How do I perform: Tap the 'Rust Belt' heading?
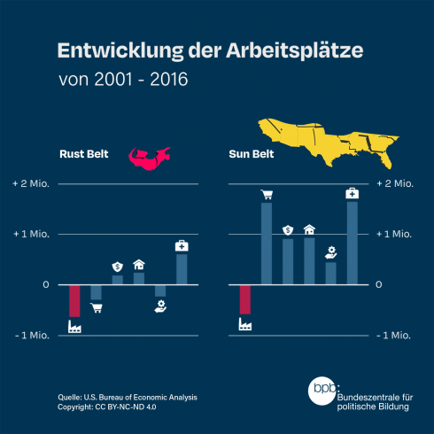[86, 151]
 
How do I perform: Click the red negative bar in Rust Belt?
[74, 300]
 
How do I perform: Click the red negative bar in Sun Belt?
[245, 299]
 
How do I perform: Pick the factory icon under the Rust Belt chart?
[74, 327]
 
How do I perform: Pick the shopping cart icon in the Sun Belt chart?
[266, 194]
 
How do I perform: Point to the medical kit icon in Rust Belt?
[182, 244]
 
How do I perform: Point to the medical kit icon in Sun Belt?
[352, 192]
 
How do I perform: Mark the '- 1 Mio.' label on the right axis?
[395, 335]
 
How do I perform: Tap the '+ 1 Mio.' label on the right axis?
[395, 235]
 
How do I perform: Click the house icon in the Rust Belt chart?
[139, 264]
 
